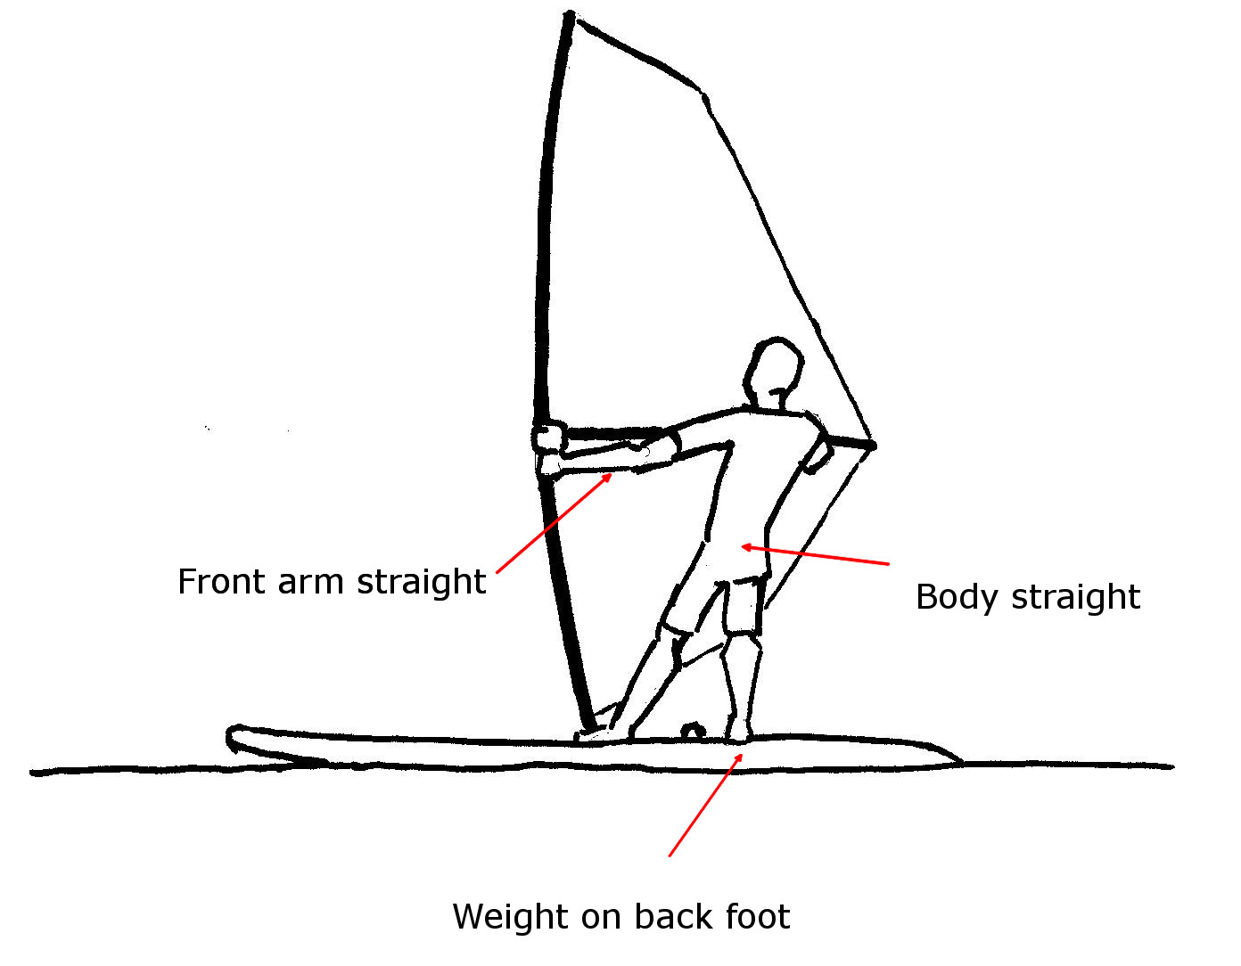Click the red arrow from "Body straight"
click(x=815, y=555)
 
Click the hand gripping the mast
click(x=549, y=438)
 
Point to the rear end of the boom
click(x=871, y=444)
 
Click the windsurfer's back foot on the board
click(x=738, y=733)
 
